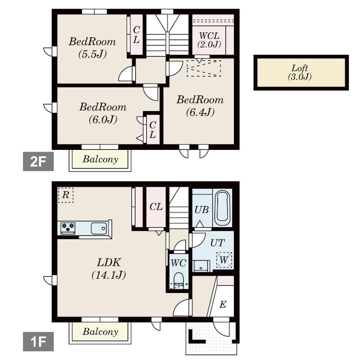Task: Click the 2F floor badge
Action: click(x=38, y=162)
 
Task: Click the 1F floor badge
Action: click(x=38, y=342)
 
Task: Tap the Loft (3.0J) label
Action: click(x=300, y=72)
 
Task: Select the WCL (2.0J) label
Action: click(x=209, y=40)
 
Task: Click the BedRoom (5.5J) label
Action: click(x=92, y=48)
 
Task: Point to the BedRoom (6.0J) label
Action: click(x=103, y=113)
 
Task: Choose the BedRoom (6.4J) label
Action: click(x=200, y=106)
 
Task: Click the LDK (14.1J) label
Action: click(x=108, y=268)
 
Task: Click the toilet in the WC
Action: click(x=179, y=280)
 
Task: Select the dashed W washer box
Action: click(x=224, y=260)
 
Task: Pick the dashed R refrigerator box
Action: click(x=66, y=195)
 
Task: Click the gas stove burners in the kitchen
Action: click(x=68, y=228)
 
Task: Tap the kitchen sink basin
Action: click(x=99, y=228)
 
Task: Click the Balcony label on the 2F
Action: click(x=100, y=159)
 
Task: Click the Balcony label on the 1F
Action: click(x=100, y=332)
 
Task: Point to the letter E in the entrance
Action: click(x=223, y=305)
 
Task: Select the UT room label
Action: click(x=218, y=243)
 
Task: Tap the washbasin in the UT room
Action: click(x=201, y=266)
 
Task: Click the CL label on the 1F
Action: click(x=156, y=207)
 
